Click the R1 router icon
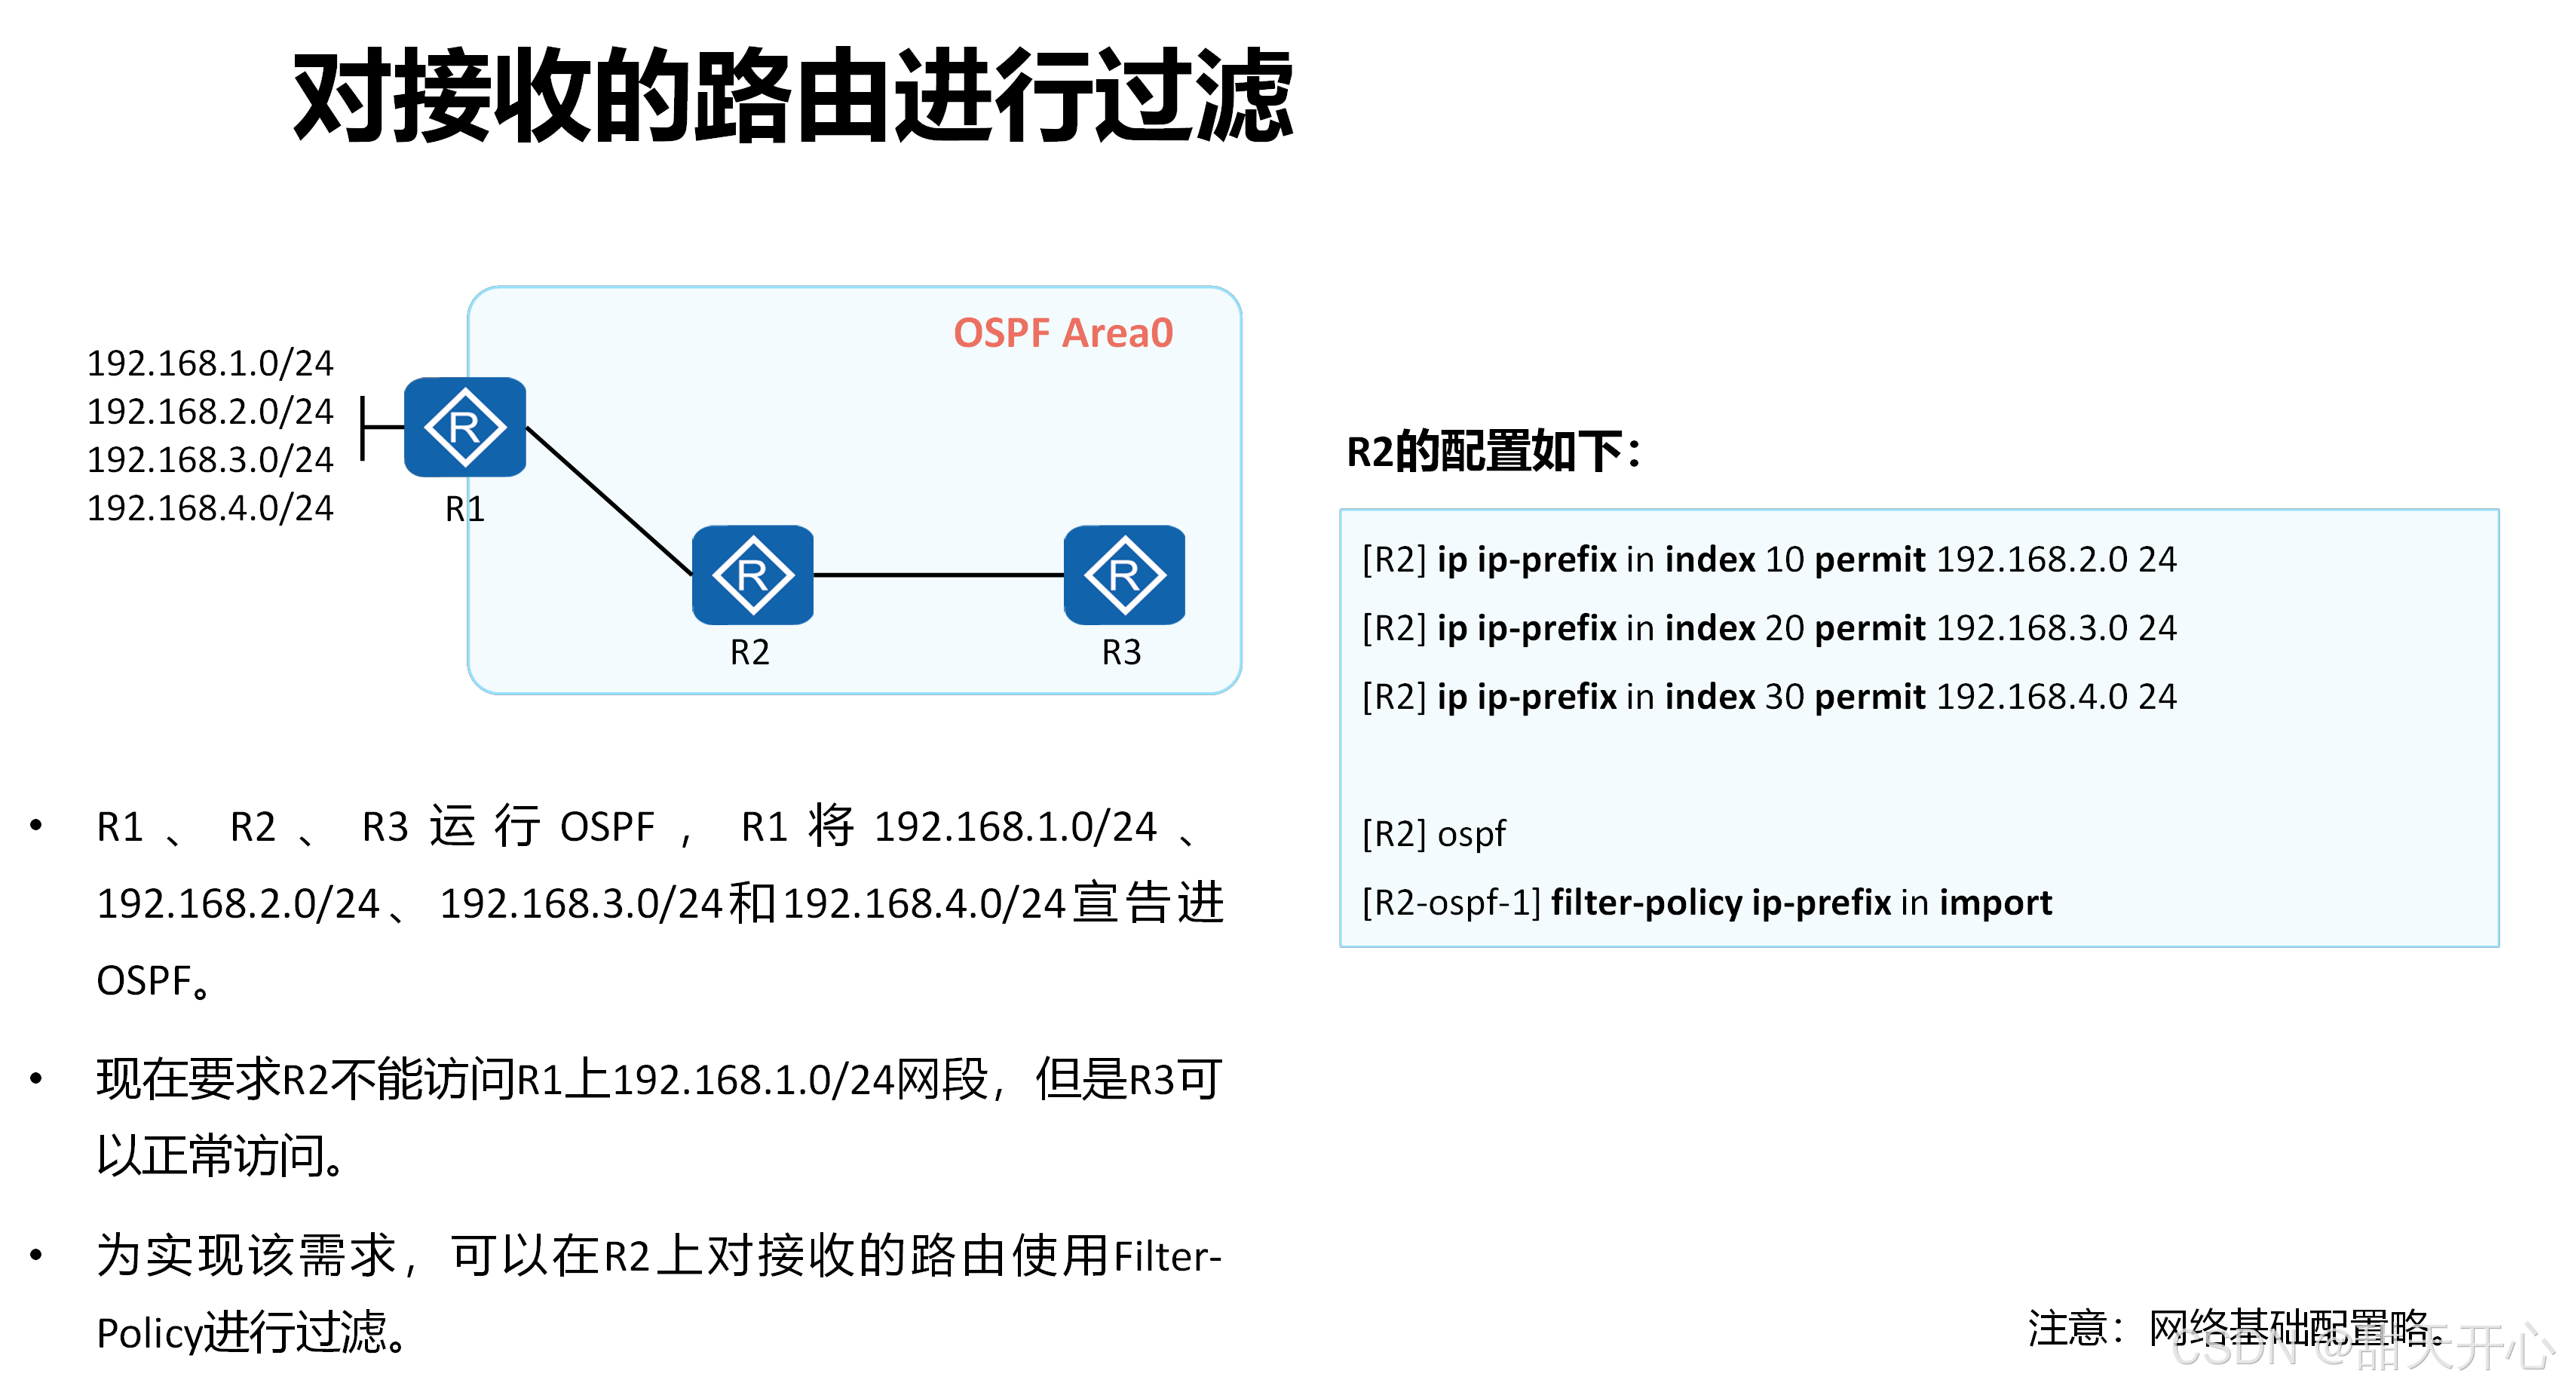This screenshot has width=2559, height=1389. click(465, 428)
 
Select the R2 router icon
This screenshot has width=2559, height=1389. click(752, 575)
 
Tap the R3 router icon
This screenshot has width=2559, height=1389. click(1123, 575)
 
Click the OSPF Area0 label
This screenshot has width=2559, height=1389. click(1063, 333)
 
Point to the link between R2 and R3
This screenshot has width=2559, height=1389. click(939, 575)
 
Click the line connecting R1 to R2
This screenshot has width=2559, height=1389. click(608, 500)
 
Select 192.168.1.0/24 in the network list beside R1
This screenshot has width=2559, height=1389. click(210, 363)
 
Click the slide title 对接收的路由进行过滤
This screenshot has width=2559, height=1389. click(792, 97)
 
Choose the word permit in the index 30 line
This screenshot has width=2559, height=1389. click(1870, 697)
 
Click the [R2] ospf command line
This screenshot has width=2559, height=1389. click(1433, 833)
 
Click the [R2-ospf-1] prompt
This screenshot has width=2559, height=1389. click(1451, 902)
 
